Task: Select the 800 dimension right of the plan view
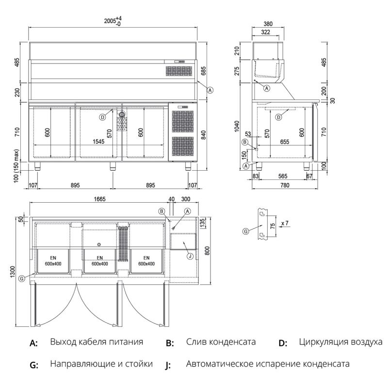[x=207, y=251]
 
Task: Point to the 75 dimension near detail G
[x=273, y=226]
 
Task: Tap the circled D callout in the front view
[x=102, y=117]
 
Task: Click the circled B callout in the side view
[x=245, y=142]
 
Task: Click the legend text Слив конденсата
[x=220, y=342]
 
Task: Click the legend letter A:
[x=33, y=343]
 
